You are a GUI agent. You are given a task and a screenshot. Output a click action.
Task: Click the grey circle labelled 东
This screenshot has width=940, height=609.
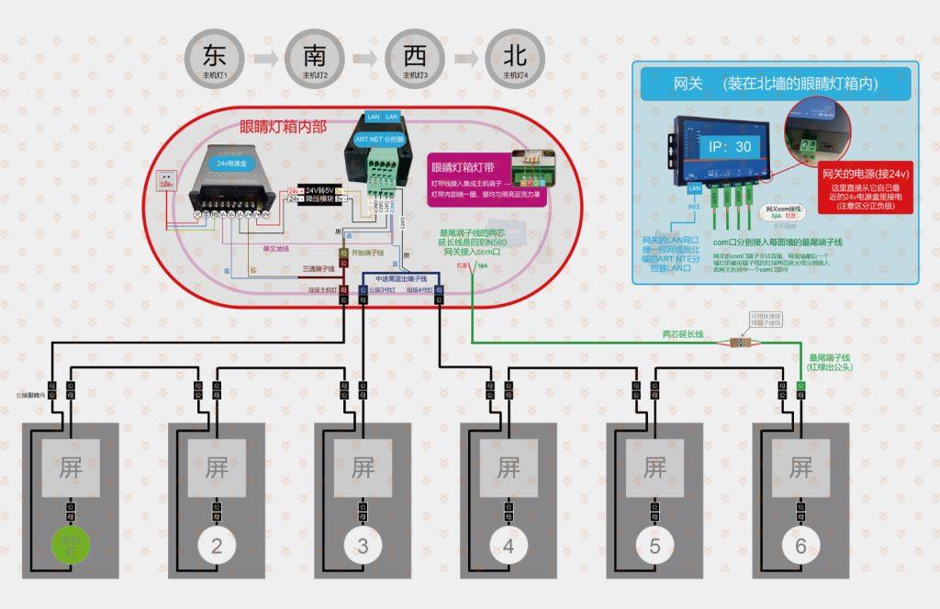click(214, 58)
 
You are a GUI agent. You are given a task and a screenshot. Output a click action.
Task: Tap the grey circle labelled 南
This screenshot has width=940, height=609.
click(314, 58)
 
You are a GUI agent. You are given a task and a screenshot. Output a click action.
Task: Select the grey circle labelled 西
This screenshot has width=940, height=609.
click(414, 58)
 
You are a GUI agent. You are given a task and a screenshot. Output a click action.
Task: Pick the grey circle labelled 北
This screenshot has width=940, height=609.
click(515, 58)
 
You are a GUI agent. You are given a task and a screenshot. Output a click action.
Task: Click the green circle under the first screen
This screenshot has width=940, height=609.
click(70, 547)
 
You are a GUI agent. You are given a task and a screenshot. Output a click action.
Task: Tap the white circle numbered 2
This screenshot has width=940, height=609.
click(216, 547)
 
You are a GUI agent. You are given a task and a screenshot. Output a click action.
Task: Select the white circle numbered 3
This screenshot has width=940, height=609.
click(363, 547)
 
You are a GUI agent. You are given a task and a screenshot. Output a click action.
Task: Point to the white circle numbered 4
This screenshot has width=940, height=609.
click(509, 547)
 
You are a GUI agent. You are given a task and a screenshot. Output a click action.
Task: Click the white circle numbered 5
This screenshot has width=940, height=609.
click(655, 547)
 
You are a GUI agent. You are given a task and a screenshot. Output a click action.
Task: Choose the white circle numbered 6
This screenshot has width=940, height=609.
click(800, 547)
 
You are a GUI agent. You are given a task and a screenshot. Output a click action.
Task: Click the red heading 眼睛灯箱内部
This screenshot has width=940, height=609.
click(283, 128)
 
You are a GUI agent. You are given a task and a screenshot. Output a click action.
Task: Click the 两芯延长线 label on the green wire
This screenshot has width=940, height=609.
click(683, 334)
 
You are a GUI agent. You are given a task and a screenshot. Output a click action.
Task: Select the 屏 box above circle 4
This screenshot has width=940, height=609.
click(509, 468)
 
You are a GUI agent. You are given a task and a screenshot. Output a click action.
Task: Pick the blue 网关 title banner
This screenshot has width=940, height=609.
click(775, 84)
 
